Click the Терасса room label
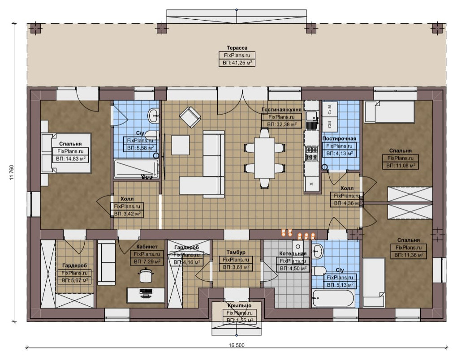[x=237, y=48]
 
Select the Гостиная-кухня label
[x=281, y=110]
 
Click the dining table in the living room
[x=264, y=158]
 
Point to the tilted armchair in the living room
[x=190, y=117]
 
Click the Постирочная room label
[x=339, y=139]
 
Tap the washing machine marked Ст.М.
[x=330, y=109]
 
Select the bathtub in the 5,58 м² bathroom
[x=136, y=169]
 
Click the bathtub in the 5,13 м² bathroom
[x=333, y=298]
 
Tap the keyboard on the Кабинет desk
[x=146, y=291]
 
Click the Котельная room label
[x=293, y=253]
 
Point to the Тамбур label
[x=236, y=252]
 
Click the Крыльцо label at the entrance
[x=239, y=305]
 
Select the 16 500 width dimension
[x=237, y=345]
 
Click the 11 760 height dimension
[x=12, y=173]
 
